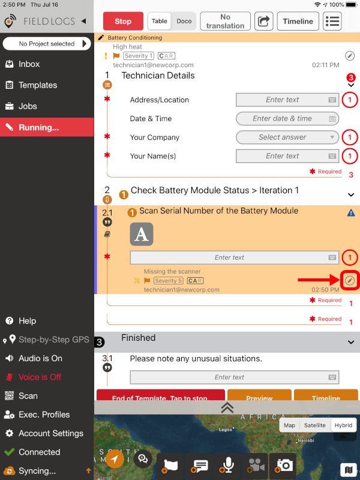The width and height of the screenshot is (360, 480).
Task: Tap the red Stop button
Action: pos(123,21)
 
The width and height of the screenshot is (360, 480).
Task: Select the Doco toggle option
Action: pos(184,21)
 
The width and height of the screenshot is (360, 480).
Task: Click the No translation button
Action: pos(225,21)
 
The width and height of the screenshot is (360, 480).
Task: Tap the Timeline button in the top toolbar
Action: pos(298,21)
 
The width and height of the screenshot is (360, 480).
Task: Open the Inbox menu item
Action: pos(29,64)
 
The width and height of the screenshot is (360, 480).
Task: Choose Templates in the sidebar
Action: pos(37,85)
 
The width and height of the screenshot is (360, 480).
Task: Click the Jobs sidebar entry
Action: pos(28,106)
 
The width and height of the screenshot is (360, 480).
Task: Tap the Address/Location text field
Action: pos(287,100)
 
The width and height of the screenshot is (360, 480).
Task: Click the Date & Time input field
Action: pos(287,119)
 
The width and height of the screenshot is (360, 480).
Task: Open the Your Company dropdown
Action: pos(287,137)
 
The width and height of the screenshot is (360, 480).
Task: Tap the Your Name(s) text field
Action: pos(287,156)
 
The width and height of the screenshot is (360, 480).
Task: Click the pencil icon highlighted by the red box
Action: pos(350,280)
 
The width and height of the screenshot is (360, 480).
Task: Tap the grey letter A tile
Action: pos(142,234)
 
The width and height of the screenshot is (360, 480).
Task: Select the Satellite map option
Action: pos(315,425)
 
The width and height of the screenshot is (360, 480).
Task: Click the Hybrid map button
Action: pos(344,425)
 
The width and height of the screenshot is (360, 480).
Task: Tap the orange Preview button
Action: pos(259,397)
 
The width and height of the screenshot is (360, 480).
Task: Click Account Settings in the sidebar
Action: pos(50,433)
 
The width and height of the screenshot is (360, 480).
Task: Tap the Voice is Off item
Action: pos(40,377)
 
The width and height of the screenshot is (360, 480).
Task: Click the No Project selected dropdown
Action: pos(47,44)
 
